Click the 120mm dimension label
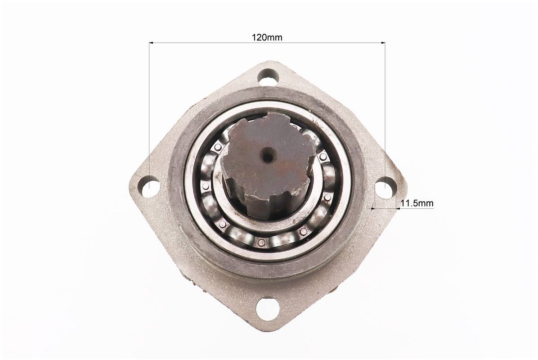267,37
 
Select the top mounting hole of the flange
267,77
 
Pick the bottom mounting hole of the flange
267,307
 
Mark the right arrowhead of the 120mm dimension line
382,43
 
